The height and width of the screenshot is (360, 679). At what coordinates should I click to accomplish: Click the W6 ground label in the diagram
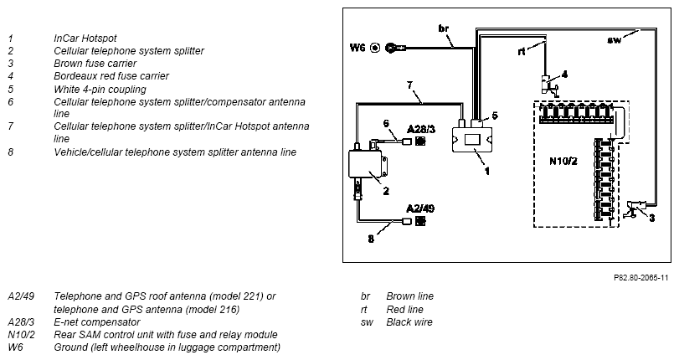tap(358, 47)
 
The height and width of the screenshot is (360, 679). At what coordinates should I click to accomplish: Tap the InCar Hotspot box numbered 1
tap(472, 140)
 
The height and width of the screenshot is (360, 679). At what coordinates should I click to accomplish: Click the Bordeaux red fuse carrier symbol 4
tap(548, 85)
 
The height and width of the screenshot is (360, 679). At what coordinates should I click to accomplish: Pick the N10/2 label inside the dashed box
tap(563, 161)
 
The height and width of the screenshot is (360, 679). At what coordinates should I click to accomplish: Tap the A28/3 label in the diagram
tap(421, 129)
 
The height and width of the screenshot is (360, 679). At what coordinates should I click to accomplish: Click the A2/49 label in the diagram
tap(420, 208)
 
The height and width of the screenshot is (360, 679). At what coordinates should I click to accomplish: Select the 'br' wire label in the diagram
tap(444, 28)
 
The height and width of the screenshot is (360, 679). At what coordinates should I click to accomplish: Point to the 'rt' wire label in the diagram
tap(522, 52)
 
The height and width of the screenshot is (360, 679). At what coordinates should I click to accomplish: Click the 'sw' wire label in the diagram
tap(614, 40)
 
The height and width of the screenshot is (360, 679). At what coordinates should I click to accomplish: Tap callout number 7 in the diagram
tap(409, 85)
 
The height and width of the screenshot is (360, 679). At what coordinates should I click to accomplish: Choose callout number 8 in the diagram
tap(371, 239)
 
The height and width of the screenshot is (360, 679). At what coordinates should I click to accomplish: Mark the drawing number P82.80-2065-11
tap(640, 278)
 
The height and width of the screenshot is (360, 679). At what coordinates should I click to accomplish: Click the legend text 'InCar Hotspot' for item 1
tap(85, 39)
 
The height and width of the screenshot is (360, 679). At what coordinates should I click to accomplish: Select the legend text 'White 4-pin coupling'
tap(100, 90)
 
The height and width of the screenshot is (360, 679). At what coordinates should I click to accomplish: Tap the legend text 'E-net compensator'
tap(96, 322)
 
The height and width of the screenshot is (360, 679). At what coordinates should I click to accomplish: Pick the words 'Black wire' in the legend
tap(409, 321)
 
